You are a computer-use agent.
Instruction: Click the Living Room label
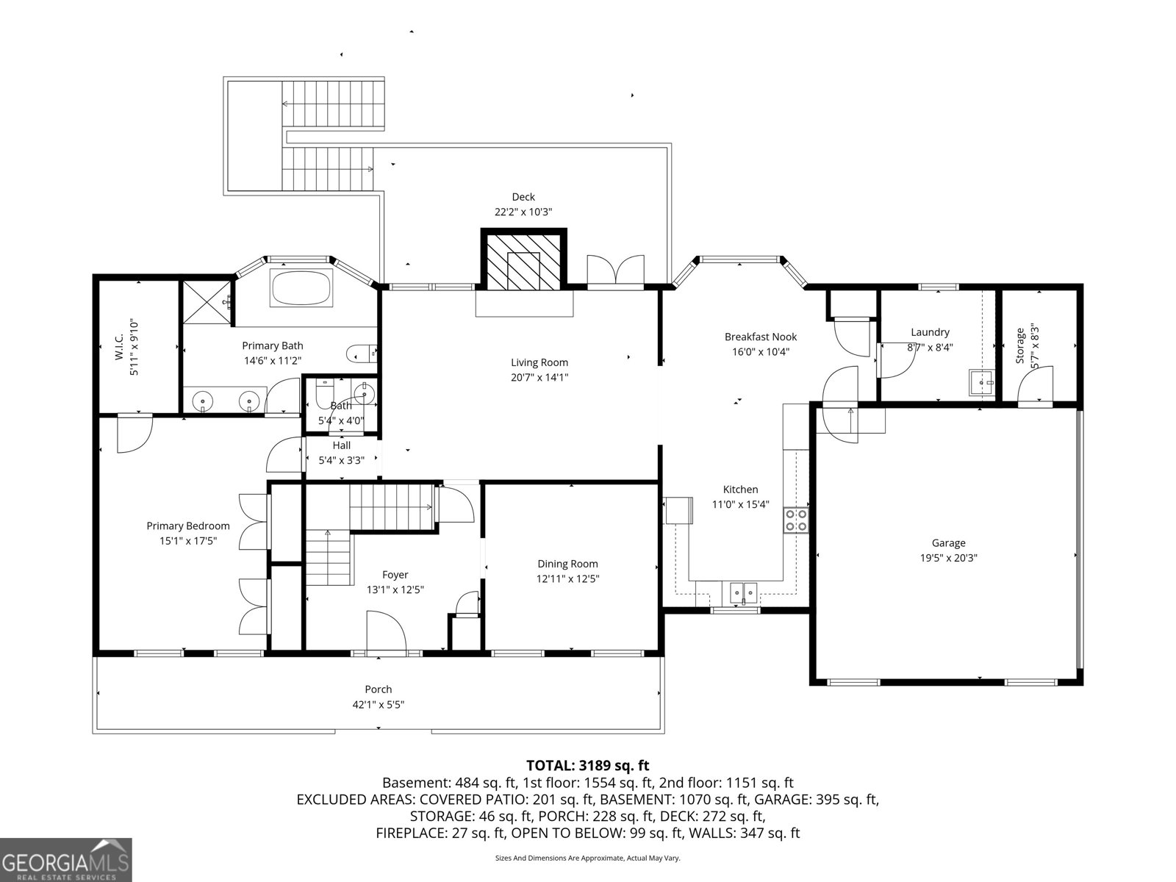click(539, 362)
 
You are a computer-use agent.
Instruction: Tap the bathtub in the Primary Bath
click(302, 288)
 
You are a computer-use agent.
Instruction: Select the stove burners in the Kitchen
click(796, 520)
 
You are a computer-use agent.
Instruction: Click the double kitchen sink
click(744, 591)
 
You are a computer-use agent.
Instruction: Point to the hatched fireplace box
click(523, 259)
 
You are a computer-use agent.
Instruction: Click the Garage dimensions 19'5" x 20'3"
click(948, 558)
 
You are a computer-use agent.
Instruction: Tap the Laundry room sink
click(981, 383)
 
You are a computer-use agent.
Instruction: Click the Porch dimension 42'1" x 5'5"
click(378, 704)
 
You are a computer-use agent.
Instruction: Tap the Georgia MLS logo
click(65, 859)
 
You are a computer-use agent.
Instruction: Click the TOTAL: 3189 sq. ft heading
click(587, 766)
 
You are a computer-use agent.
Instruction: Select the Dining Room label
click(567, 564)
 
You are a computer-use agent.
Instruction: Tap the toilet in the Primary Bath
click(361, 354)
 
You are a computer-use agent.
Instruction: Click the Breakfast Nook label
click(760, 337)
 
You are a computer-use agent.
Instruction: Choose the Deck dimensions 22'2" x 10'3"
click(523, 212)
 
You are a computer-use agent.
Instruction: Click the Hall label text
click(341, 445)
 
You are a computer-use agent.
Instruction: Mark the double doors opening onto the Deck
click(616, 270)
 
